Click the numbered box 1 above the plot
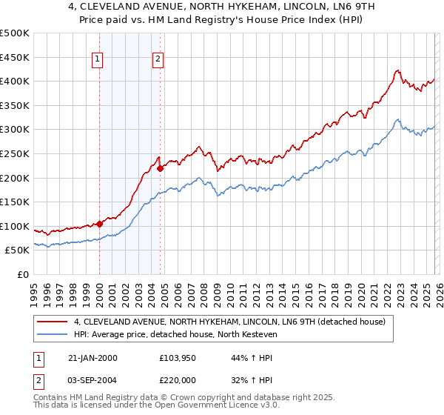[98, 62]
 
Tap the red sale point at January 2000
[99, 224]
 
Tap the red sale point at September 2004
[160, 168]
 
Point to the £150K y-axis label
[15, 202]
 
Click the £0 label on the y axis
[22, 274]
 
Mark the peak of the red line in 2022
[397, 71]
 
